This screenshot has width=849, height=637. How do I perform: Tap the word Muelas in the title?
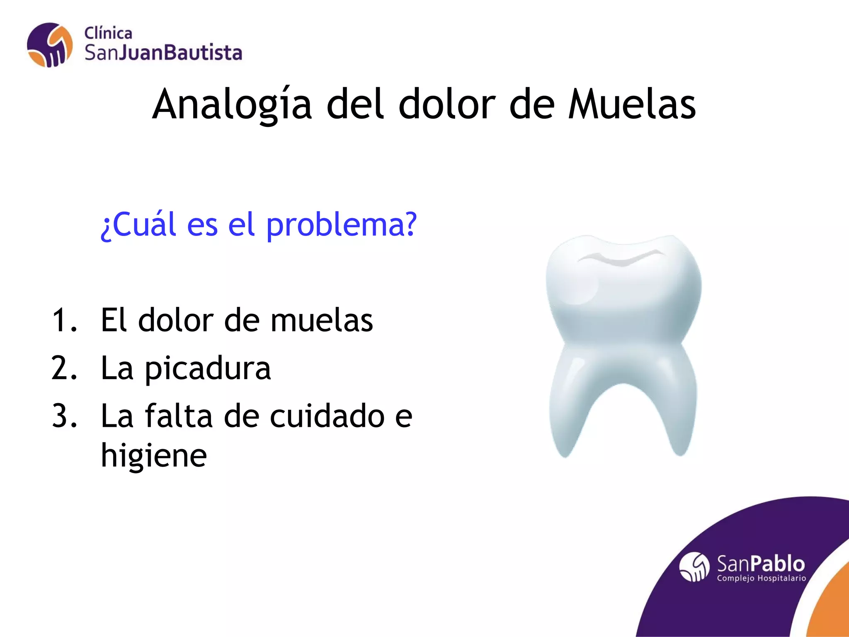[632, 105]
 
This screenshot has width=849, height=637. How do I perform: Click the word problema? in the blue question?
[341, 225]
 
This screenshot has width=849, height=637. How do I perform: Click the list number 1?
[64, 320]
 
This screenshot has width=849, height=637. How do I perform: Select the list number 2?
[64, 368]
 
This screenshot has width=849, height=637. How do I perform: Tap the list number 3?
[64, 416]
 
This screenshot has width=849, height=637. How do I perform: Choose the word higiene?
[154, 455]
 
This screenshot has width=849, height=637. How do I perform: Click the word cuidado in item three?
[327, 416]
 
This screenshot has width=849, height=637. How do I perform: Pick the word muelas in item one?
[322, 320]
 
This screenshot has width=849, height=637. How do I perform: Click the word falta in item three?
[178, 416]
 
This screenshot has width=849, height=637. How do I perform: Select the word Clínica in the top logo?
[108, 33]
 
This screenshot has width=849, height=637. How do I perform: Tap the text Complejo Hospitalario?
[762, 578]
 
